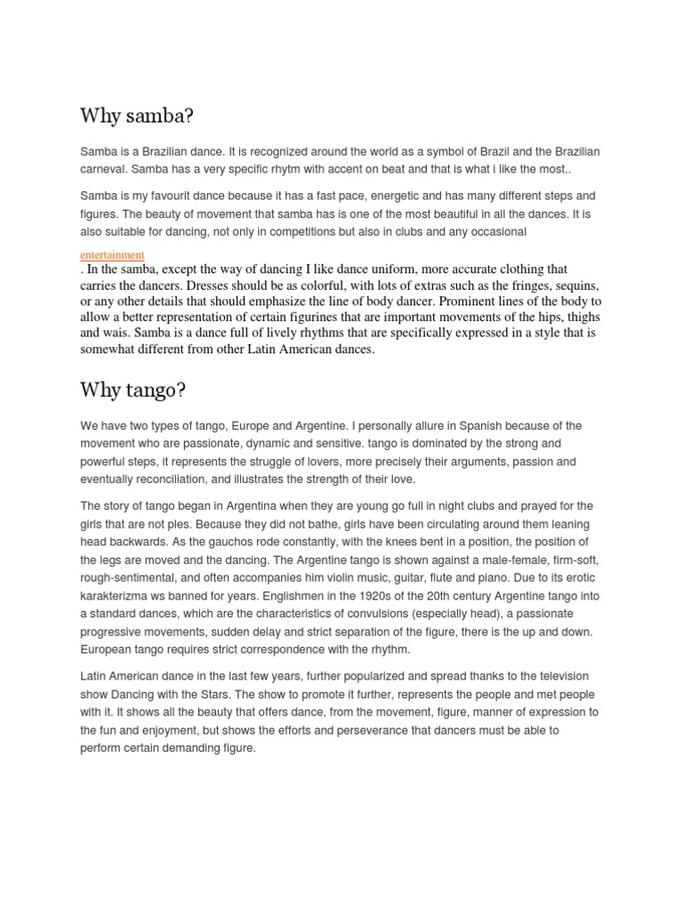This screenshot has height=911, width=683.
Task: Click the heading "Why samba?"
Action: (136, 117)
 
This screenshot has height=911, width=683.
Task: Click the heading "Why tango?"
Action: (134, 390)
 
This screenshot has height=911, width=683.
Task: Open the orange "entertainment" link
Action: (112, 255)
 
